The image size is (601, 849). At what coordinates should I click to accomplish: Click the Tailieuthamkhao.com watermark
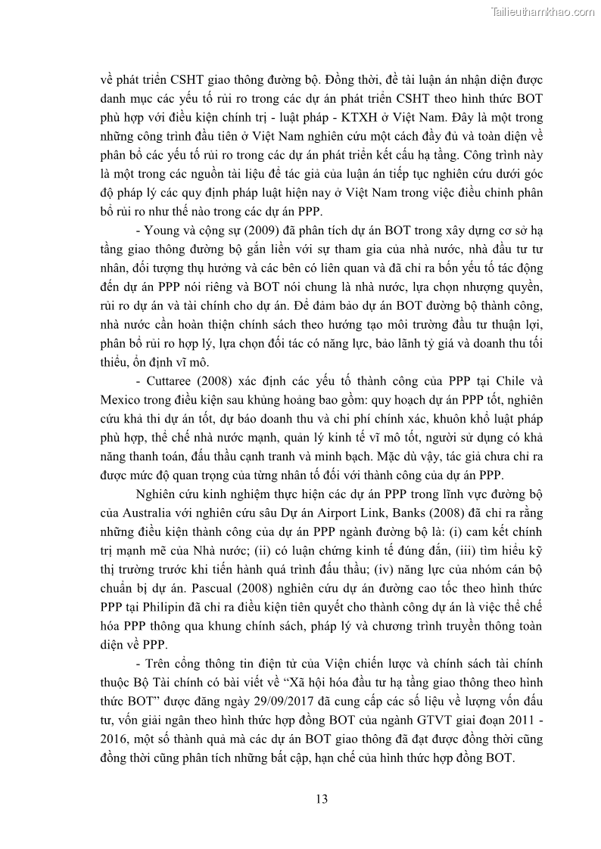click(x=543, y=11)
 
